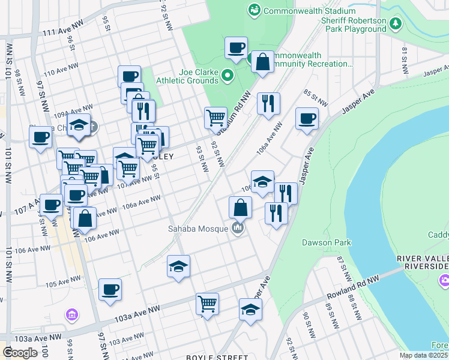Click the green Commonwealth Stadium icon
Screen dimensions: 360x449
255,10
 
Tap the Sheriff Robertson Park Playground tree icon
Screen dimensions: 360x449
395,24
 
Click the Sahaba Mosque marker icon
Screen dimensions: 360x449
238,228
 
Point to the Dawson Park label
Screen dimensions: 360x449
327,243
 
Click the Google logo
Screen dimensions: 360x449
20,353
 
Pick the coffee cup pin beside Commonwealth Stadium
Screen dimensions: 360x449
236,47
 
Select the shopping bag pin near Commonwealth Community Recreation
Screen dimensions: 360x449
263,61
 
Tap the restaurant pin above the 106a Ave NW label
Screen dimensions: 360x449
268,103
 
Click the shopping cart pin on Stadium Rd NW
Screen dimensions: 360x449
215,118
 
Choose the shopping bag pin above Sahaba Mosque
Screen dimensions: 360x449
240,208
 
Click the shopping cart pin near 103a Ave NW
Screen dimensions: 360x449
207,304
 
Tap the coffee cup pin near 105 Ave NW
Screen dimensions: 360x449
110,290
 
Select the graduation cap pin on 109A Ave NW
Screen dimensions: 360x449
79,125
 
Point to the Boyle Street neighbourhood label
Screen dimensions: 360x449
209,357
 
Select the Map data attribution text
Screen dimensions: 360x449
423,355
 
